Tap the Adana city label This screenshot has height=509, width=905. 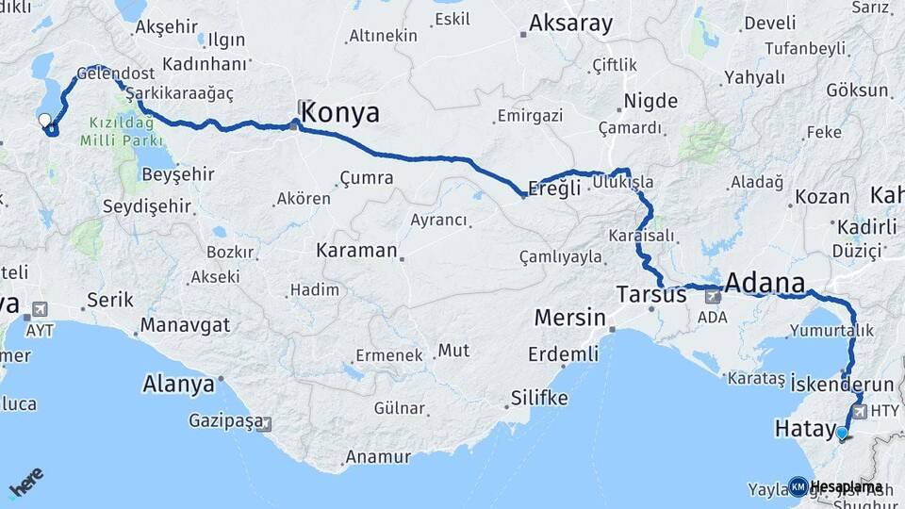[x=765, y=284]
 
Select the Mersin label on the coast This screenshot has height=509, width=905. [x=569, y=318]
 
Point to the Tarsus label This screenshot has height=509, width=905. [x=651, y=295]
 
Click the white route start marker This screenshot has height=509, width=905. [x=44, y=120]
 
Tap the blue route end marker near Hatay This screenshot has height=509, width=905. [x=842, y=433]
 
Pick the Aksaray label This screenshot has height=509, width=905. [x=570, y=24]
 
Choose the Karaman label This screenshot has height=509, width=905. [x=356, y=251]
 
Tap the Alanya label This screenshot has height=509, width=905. [x=178, y=385]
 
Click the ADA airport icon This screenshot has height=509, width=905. [x=713, y=296]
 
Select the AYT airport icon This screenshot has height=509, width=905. [x=40, y=309]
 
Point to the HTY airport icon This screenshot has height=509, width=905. [x=858, y=411]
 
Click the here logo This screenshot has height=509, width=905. [x=25, y=483]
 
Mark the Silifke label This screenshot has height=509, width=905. [x=538, y=398]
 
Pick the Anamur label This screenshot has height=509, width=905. [x=378, y=456]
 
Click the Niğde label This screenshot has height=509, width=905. [x=650, y=101]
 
